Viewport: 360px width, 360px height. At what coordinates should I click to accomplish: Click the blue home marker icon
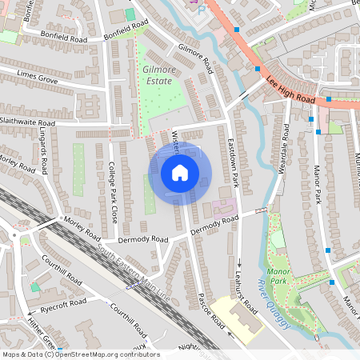click(180, 173)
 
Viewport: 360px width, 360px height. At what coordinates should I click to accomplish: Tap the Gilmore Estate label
click(158, 75)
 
